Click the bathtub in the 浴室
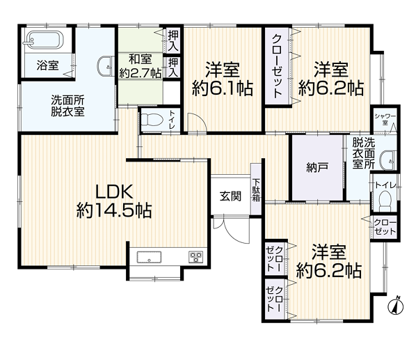click(44, 40)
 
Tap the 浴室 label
click(47, 65)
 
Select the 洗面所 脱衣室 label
click(68, 106)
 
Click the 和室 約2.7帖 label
click(141, 67)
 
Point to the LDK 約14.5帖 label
click(114, 201)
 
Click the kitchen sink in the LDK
click(149, 257)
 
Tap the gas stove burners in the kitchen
click(195, 257)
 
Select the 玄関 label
click(230, 196)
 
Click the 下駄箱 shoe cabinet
click(256, 189)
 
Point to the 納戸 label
click(317, 168)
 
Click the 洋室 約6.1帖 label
click(223, 79)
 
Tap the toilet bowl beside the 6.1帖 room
click(152, 120)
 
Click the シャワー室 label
click(385, 119)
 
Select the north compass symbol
click(396, 306)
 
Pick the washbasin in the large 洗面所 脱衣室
click(106, 66)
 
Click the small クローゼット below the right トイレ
click(385, 228)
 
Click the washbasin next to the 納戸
click(388, 160)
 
